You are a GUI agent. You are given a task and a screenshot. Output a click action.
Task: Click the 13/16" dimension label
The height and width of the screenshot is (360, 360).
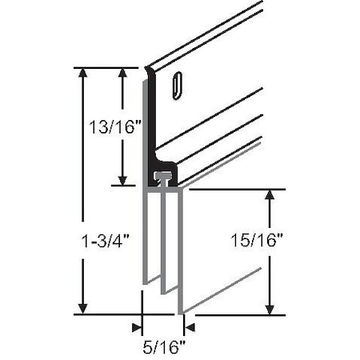pos(107,126)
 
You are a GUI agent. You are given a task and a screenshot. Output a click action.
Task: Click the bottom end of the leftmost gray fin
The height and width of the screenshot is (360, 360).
pos(146,282)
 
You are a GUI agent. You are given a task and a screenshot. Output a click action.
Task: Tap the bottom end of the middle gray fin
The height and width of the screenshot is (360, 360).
pos(164,290)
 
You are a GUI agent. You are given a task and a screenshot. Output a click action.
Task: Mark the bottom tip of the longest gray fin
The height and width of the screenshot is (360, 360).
pos(181,310)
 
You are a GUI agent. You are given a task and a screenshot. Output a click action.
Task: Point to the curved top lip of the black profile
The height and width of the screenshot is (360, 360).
pos(149,72)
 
